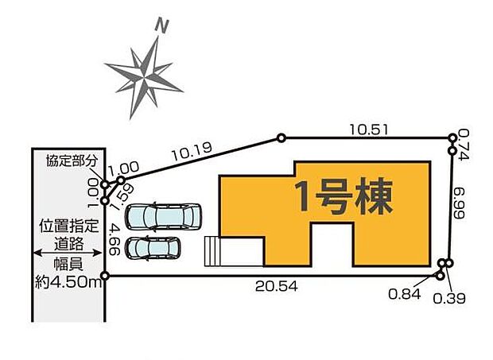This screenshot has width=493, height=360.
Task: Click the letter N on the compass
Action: [164, 27]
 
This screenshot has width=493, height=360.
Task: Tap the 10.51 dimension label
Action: [367, 127]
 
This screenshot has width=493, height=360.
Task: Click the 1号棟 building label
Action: [344, 195]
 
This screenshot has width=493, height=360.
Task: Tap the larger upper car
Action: [164, 215]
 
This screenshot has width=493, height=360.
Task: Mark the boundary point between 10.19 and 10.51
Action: [281, 137]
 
